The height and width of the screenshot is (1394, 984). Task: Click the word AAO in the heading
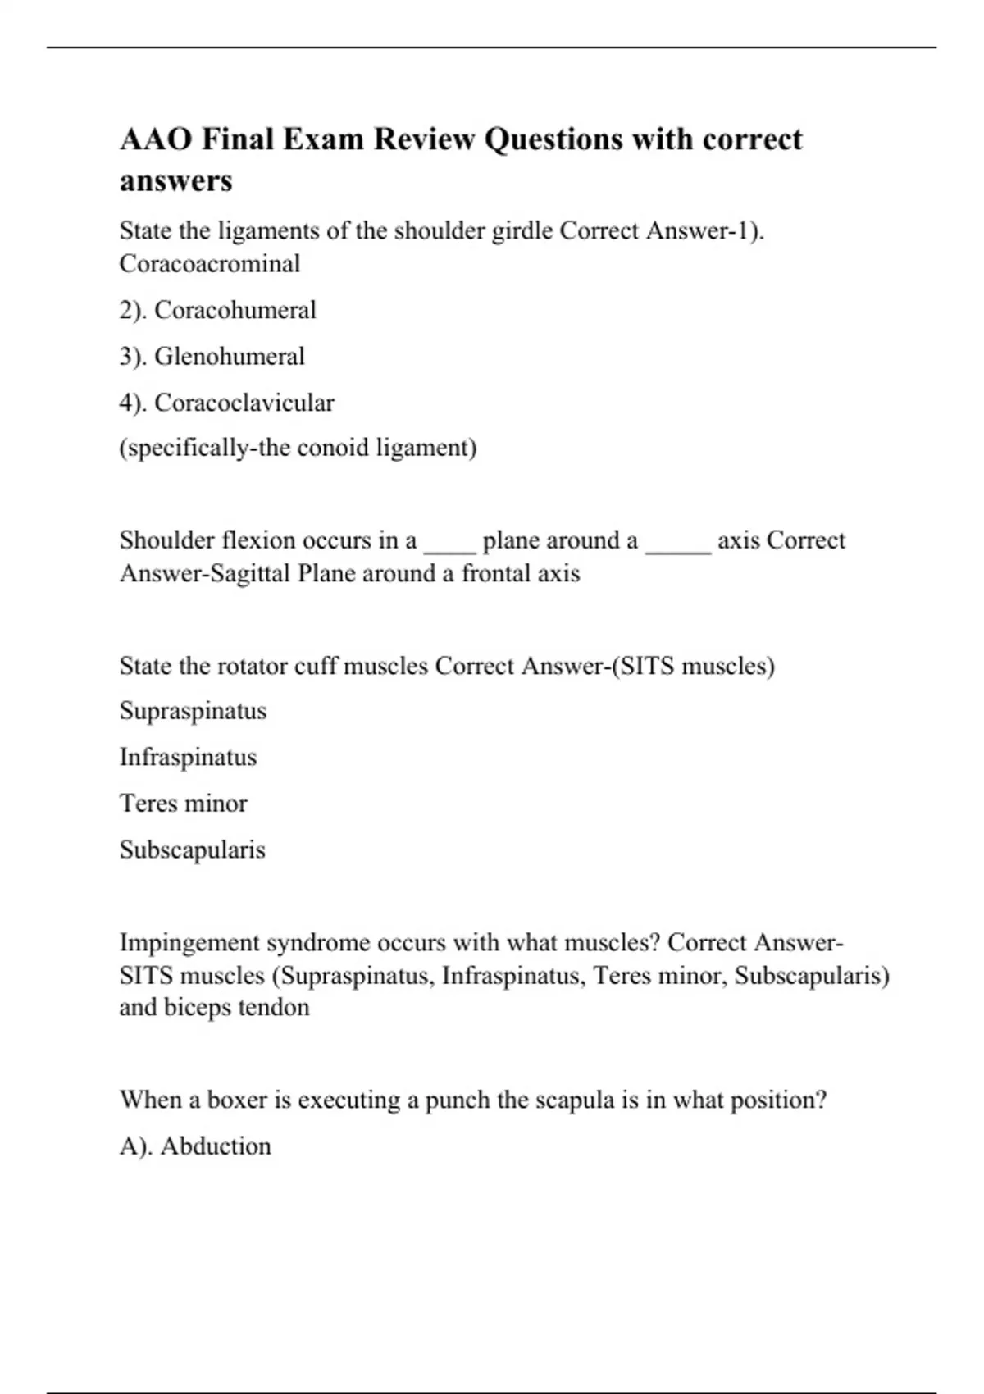156,139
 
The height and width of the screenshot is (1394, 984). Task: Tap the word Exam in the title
323,139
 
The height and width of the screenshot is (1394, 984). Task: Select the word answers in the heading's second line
175,180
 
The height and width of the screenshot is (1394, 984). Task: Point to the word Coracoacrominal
210,264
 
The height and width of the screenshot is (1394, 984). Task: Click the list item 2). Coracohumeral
217,310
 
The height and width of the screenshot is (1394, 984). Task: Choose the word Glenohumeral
229,357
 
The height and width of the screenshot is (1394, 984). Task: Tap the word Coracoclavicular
244,403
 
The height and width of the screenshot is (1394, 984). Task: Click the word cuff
316,666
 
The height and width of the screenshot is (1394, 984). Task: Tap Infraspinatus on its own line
188,757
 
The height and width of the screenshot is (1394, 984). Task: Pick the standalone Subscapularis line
192,850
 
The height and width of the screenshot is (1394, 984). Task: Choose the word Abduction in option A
216,1146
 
